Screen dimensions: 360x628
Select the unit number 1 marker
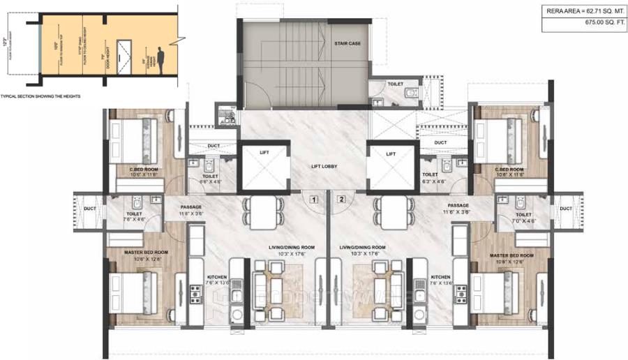point(315,199)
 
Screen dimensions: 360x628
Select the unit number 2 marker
point(341,199)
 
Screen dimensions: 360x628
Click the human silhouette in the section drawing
point(160,60)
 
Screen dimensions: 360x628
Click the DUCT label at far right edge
point(565,208)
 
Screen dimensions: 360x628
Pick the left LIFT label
point(264,153)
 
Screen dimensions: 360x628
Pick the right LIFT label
point(391,153)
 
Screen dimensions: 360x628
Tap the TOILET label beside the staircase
point(396,84)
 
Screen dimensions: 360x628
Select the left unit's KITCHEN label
point(217,277)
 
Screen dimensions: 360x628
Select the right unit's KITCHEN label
point(440,277)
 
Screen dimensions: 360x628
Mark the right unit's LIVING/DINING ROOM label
point(362,247)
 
